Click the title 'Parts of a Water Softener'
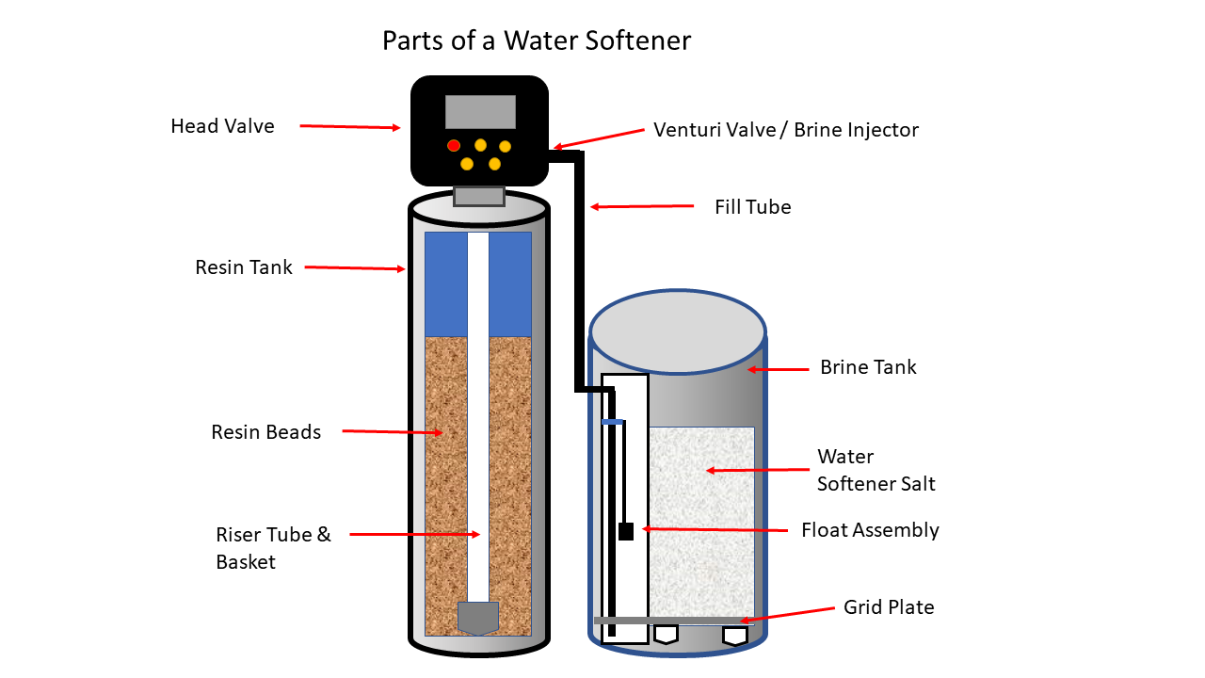coord(537,41)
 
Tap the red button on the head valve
coord(454,145)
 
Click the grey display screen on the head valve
coord(480,112)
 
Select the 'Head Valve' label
coord(222,126)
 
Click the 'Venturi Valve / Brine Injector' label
coord(786,130)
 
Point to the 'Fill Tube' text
coord(752,207)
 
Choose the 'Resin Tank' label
coord(244,267)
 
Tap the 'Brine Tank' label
coord(868,367)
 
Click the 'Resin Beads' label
coord(265,432)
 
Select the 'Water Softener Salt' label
coord(876,470)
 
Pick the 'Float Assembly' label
coord(870,530)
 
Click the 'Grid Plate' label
coord(889,607)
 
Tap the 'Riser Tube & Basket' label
coord(273,548)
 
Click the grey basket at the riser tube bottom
coord(478,618)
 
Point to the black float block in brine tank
coord(626,531)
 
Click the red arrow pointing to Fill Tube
coord(641,206)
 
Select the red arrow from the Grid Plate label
coord(787,614)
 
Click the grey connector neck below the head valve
coord(479,196)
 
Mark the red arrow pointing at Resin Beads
coord(392,432)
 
